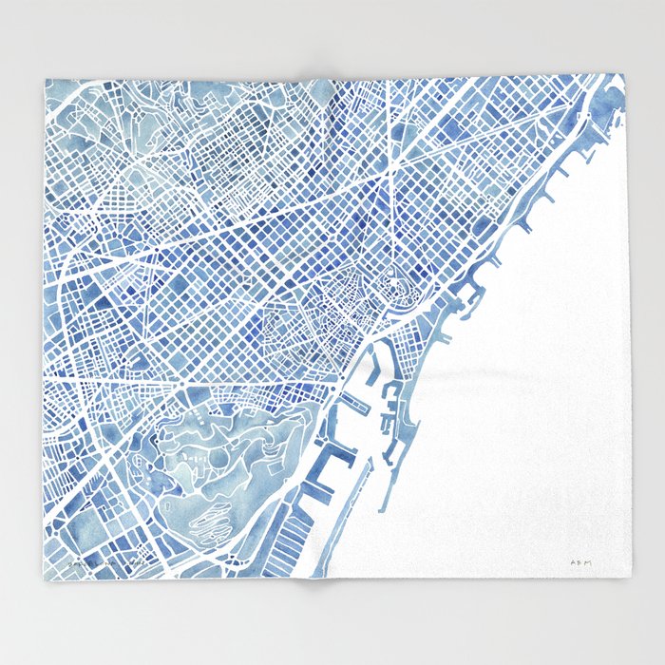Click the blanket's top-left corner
(45, 79)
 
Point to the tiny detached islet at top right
(616, 94)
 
